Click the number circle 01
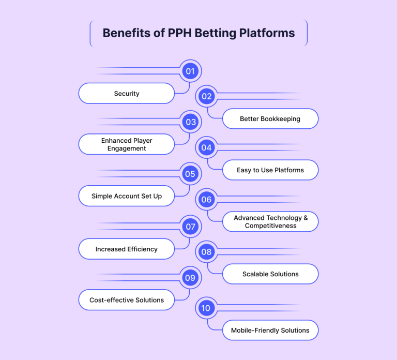point(190,71)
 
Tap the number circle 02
point(207,96)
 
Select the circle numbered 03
point(190,122)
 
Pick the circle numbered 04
point(207,147)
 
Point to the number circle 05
point(190,174)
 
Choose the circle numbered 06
point(207,199)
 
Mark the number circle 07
point(190,226)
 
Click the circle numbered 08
point(207,252)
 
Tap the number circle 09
point(190,278)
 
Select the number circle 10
point(206,308)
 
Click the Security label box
point(127,94)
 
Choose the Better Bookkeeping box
point(270,119)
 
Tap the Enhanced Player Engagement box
point(127,144)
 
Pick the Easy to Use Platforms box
point(270,170)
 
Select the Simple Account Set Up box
point(127,196)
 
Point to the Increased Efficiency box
point(127,249)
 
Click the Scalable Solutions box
point(270,274)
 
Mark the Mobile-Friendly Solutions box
point(270,330)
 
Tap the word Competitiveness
point(270,226)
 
